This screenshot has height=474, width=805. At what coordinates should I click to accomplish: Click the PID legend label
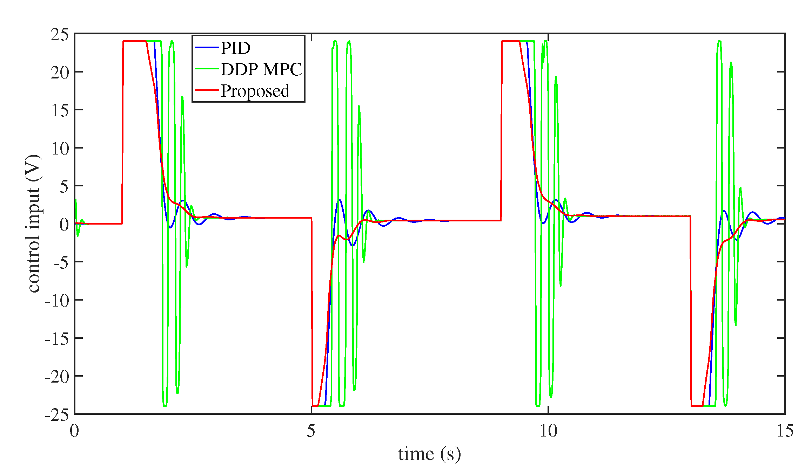coord(235,48)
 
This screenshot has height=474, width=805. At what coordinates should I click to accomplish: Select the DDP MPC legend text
coord(261,69)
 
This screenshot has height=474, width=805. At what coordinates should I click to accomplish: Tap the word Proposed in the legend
coord(255,91)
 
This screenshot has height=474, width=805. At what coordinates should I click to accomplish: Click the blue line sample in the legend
coord(207,48)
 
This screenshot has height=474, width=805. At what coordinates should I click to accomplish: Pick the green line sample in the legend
coord(207,69)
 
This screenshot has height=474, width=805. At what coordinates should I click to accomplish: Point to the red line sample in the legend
coord(207,90)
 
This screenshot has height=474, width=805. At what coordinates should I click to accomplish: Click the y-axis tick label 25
coord(59,35)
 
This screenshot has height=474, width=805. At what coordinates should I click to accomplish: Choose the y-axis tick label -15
coord(57,339)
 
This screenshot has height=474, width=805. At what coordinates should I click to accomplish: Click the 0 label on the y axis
coord(64,225)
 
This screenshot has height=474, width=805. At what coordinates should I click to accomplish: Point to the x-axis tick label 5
coord(311,431)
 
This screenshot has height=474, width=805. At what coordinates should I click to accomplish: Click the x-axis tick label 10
coord(548,431)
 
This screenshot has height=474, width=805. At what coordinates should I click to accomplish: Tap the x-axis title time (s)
coord(429,454)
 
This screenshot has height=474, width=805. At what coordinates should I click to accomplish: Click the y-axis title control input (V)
coord(34,224)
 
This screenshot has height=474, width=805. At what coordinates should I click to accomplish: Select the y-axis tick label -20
coord(57,377)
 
